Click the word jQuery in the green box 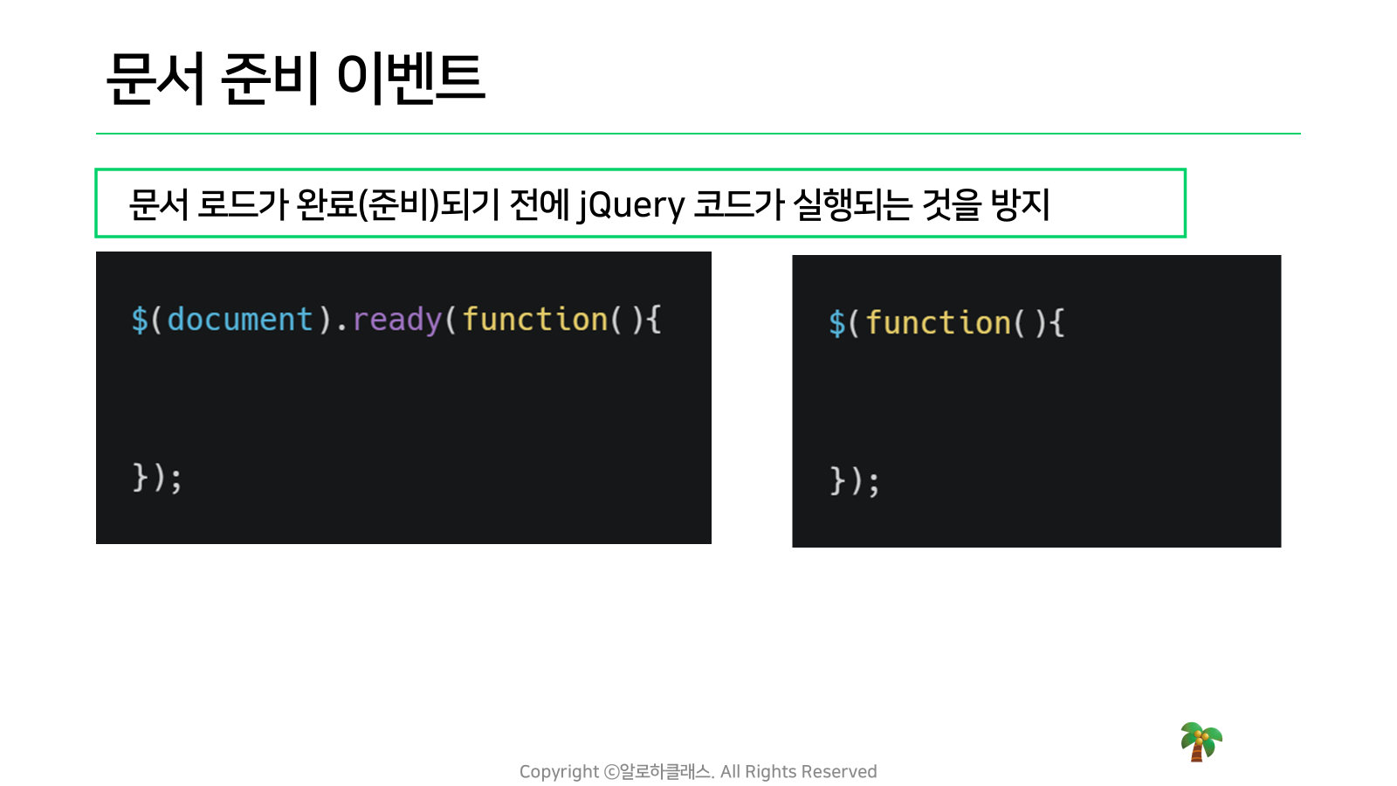[630, 205]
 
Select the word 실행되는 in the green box [851, 204]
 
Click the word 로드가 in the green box [242, 204]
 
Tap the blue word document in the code [240, 320]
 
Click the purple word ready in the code [397, 321]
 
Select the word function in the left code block [535, 320]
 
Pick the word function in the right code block [938, 322]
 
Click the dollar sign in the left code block [140, 320]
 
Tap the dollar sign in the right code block [837, 323]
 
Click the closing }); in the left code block [156, 479]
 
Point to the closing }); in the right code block [855, 481]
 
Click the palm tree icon [1201, 741]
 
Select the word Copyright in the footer [559, 772]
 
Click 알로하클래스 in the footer [665, 772]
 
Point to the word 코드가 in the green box [739, 204]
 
